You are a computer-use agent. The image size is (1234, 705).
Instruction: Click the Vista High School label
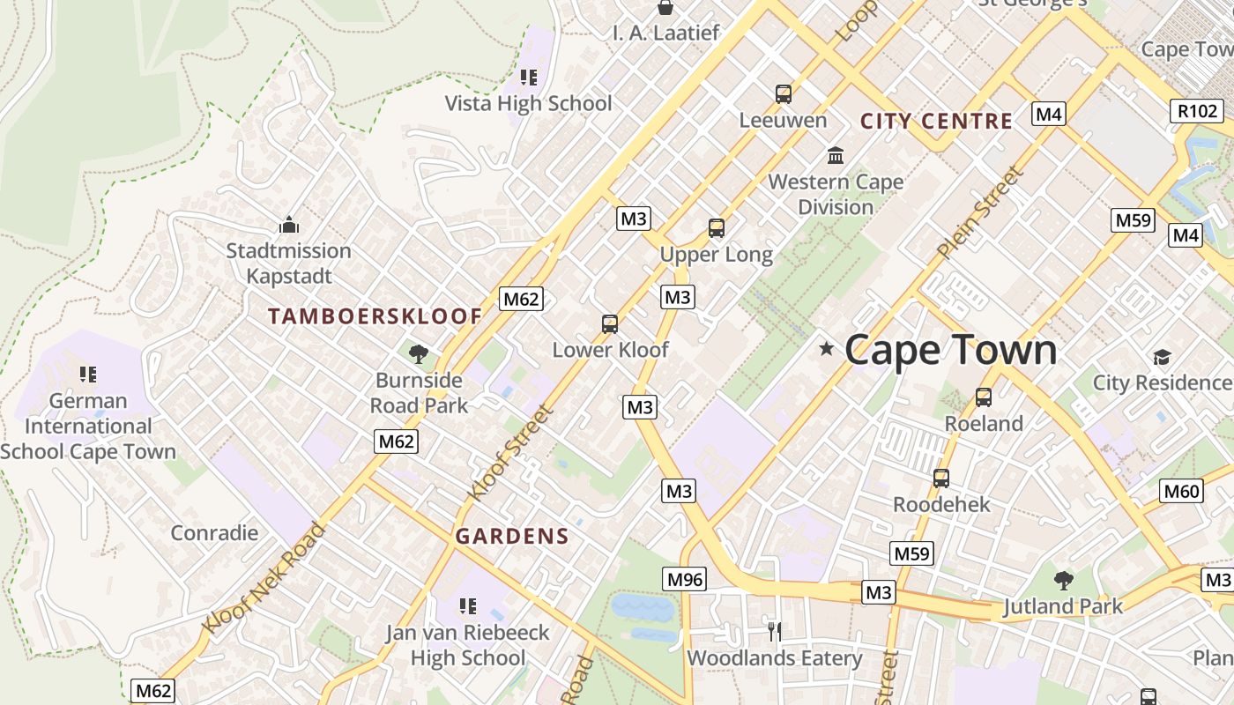pos(528,103)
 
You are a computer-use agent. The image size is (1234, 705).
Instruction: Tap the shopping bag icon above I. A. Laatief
pos(665,8)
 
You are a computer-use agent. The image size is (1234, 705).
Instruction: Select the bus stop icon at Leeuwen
pos(783,93)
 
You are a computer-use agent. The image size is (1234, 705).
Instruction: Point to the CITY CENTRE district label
pos(936,122)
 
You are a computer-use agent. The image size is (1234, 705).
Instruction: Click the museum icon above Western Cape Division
pos(835,156)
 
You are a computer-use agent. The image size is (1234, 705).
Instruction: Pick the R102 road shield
pos(1197,111)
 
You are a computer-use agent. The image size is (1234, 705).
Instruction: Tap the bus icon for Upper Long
pos(716,228)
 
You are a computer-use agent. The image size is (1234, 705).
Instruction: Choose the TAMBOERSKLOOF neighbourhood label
pos(375,316)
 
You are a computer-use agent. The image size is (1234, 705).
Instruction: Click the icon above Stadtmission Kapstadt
pos(288,225)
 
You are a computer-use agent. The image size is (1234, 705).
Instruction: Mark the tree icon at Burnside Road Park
pos(419,354)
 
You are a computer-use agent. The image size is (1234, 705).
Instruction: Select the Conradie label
pos(214,532)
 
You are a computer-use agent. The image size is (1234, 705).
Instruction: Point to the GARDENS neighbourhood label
pos(512,536)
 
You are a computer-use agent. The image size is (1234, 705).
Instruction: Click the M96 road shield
pos(685,579)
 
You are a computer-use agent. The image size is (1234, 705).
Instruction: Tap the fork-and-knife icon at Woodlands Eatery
pos(774,631)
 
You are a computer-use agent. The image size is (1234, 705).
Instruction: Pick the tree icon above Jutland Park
pos(1064,580)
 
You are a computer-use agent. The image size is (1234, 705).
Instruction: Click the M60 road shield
pos(1181,491)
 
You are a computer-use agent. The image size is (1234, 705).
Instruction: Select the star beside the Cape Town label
pos(826,349)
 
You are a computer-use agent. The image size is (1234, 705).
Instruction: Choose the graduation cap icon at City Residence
pos(1162,357)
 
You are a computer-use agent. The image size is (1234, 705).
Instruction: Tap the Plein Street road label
pos(979,212)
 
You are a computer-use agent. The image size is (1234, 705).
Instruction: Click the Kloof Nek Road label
pos(264,578)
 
